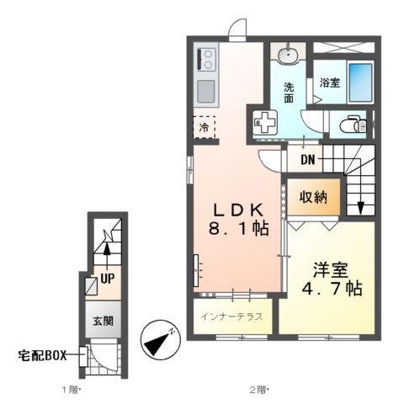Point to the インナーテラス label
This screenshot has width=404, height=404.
tap(232, 317)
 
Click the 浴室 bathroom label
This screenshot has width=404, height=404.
tap(329, 82)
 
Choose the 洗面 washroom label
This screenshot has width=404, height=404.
tap(288, 90)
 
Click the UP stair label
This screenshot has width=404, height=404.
tap(107, 276)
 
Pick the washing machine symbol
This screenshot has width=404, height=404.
tap(264, 121)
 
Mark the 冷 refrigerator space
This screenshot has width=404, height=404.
tap(204, 128)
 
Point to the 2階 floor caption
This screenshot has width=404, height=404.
tap(258, 390)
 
